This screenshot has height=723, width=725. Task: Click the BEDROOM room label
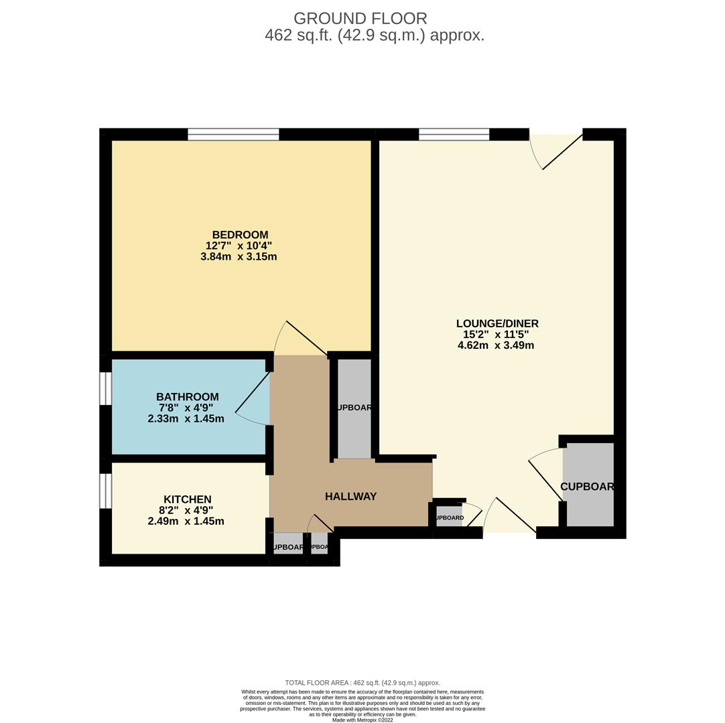pyautogui.click(x=240, y=235)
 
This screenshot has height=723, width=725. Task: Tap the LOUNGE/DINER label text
pyautogui.click(x=497, y=323)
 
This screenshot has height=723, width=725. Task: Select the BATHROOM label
pyautogui.click(x=187, y=397)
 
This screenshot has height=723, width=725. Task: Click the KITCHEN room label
pyautogui.click(x=187, y=499)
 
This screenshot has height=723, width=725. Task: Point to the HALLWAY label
pyautogui.click(x=350, y=496)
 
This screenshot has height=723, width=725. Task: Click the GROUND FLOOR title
pyautogui.click(x=360, y=19)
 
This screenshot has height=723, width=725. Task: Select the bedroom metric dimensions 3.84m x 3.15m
pyautogui.click(x=239, y=256)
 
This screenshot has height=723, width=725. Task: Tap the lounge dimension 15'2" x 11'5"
pyautogui.click(x=497, y=335)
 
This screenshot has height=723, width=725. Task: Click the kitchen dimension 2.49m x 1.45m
pyautogui.click(x=186, y=521)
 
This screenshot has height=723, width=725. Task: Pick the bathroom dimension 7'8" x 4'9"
pyautogui.click(x=186, y=408)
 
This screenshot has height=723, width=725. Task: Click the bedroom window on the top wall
pyautogui.click(x=233, y=135)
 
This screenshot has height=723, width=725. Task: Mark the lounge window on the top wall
pyautogui.click(x=454, y=135)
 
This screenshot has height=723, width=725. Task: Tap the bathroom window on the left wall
pyautogui.click(x=105, y=388)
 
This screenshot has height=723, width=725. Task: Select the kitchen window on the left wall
pyautogui.click(x=105, y=491)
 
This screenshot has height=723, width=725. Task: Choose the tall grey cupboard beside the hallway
pyautogui.click(x=354, y=408)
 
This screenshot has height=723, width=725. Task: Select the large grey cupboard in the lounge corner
pyautogui.click(x=588, y=485)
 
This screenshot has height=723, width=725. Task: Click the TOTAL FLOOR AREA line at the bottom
pyautogui.click(x=362, y=683)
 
